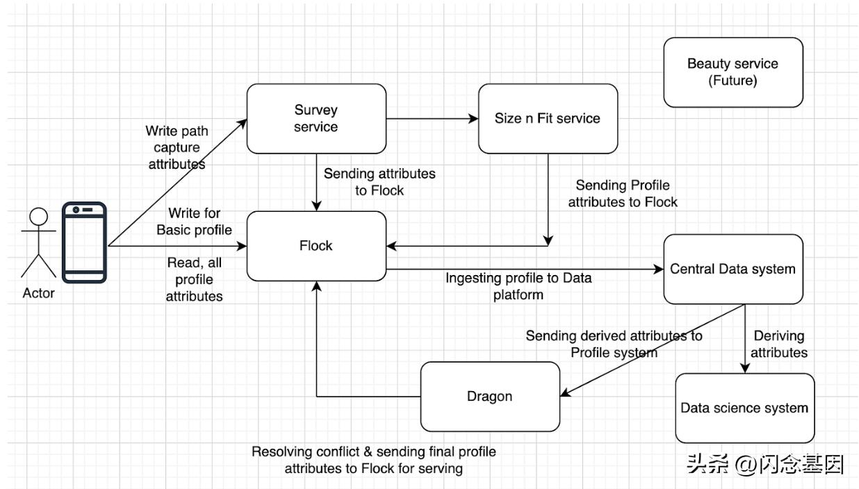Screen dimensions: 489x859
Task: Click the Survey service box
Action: point(316,118)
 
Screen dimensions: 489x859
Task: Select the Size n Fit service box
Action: point(548,118)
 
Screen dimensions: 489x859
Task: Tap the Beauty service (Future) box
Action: point(733,72)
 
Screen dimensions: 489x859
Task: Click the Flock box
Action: point(316,246)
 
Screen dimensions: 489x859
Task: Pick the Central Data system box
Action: point(733,269)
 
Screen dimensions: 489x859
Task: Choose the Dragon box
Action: point(489,397)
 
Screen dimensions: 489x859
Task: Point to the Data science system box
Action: point(744,408)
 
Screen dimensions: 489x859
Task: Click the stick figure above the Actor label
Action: point(38,243)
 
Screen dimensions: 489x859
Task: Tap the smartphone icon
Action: point(84,242)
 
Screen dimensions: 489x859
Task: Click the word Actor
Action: point(38,293)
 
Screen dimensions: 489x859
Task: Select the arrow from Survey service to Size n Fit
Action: point(432,119)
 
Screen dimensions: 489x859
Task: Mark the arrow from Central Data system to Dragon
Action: point(653,350)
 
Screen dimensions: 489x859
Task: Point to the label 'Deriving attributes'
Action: point(778,344)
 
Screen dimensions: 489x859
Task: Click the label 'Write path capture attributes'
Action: point(176,147)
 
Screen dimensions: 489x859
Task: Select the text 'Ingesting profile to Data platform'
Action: point(518,286)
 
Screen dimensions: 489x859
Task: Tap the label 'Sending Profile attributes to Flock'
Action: point(622,194)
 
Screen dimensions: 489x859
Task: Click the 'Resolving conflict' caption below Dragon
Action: point(374,460)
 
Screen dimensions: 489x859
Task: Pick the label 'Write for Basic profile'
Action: point(193,222)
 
